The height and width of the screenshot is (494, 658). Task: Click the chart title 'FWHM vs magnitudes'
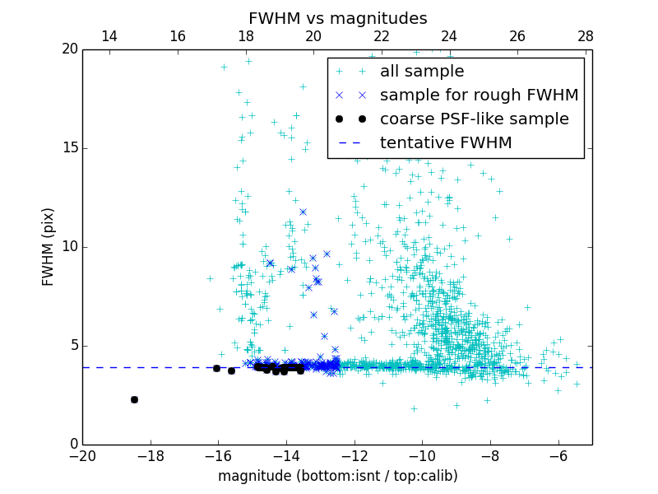pos(337,18)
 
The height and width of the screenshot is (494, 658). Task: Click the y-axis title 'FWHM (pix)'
pos(49,247)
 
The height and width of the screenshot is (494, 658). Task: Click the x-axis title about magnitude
pos(337,476)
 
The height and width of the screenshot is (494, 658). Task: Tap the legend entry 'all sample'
pos(421,72)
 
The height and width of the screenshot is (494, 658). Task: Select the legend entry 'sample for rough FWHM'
pos(479,96)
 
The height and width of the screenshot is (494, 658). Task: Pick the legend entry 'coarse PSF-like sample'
pos(474,119)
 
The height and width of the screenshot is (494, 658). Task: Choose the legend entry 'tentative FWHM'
pos(445,143)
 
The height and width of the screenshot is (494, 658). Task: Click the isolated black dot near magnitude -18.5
pos(134,399)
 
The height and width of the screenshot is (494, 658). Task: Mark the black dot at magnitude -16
pos(217,368)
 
